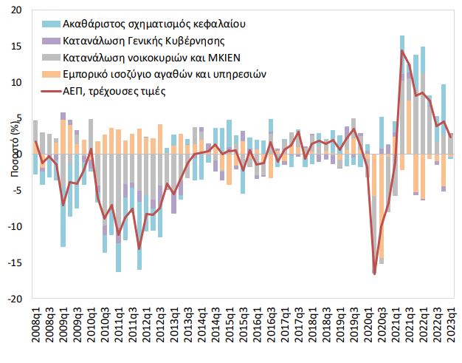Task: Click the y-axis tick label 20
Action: coord(17,10)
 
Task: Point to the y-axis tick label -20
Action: coord(15,299)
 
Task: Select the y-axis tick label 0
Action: coord(20,155)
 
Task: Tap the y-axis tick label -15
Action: coord(15,263)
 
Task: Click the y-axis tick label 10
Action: coord(17,83)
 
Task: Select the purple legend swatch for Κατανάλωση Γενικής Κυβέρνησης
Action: coord(49,41)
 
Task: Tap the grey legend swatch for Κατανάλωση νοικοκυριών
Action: coord(49,58)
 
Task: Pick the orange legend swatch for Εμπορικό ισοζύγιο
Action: coord(49,75)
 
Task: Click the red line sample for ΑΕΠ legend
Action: coord(49,92)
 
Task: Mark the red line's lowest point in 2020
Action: coord(374,274)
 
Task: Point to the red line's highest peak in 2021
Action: coord(402,50)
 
